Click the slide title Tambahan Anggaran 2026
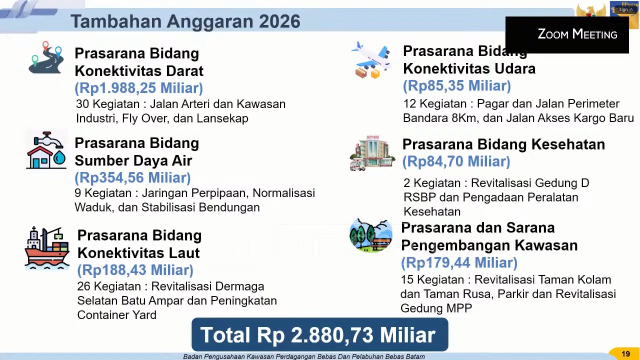[x=185, y=21]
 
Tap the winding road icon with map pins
[x=46, y=57]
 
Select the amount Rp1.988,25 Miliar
[x=139, y=87]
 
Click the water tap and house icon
[x=46, y=150]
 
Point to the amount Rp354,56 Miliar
[x=132, y=177]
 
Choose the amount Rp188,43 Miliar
[x=135, y=270]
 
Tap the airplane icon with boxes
[x=371, y=59]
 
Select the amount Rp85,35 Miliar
[x=457, y=85]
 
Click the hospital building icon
[x=372, y=153]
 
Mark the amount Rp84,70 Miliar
[x=456, y=161]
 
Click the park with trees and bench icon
[x=371, y=235]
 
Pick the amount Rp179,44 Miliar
[x=459, y=262]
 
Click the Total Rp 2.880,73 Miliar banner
[x=319, y=334]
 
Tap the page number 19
[x=625, y=354]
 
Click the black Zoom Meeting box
[x=567, y=35]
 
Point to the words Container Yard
[x=117, y=315]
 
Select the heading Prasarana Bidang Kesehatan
[x=503, y=144]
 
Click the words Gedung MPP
[x=436, y=308]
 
